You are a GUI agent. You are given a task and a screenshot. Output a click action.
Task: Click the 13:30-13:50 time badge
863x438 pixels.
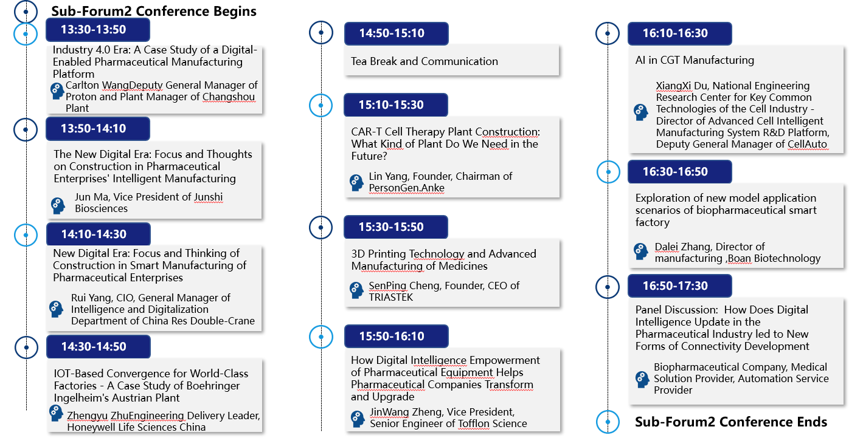pos(97,30)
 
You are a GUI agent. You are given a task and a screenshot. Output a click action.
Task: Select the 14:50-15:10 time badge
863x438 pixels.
pos(396,33)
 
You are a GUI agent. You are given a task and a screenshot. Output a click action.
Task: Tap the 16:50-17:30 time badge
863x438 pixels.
pos(679,286)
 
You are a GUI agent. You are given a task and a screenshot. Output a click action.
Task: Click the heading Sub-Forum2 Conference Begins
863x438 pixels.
pos(154,11)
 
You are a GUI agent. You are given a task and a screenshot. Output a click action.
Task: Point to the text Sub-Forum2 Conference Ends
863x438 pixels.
pos(731,422)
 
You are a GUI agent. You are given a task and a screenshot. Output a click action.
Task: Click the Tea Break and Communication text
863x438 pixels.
pos(424,61)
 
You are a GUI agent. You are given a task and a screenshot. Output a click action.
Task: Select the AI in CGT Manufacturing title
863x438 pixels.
pos(695,60)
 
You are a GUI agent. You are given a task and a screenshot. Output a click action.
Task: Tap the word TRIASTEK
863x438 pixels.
pos(390,297)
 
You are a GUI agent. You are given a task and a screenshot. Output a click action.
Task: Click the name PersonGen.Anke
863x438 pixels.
pos(406,188)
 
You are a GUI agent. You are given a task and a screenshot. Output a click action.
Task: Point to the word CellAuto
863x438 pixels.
pos(807,144)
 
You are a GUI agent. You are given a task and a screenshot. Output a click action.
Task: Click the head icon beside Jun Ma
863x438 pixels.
pos(58,205)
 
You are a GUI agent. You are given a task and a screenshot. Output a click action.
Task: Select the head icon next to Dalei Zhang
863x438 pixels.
pos(640,251)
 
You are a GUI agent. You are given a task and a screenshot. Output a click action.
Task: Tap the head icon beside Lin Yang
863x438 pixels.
pos(356,183)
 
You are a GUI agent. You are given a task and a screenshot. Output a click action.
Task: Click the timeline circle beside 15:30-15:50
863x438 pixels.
pos(321,227)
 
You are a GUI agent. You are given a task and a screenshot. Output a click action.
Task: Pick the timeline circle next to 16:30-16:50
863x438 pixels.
pos(608,172)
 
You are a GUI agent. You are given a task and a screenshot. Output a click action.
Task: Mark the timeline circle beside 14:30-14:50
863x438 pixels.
pos(26,347)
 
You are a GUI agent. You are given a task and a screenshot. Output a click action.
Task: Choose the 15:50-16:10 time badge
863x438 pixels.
pos(396,336)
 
